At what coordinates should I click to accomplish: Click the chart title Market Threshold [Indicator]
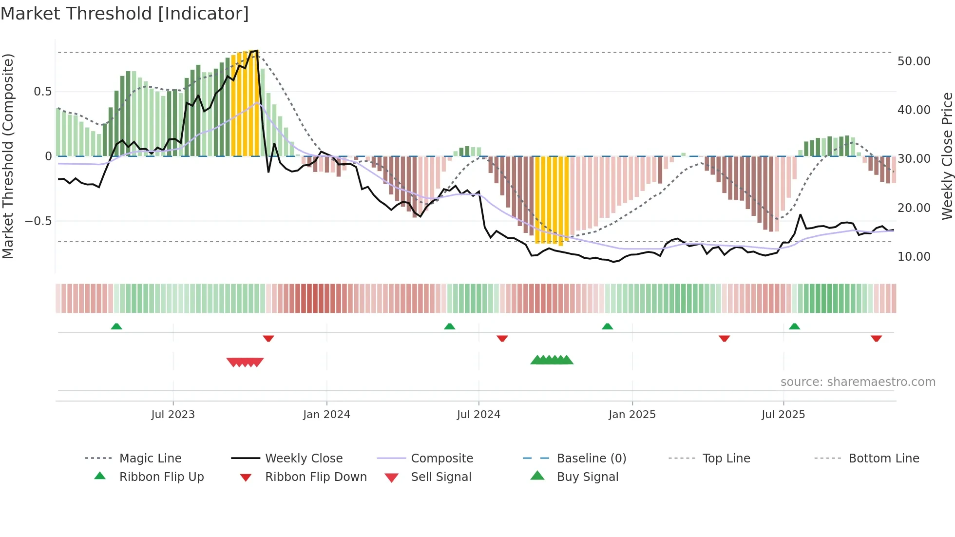pyautogui.click(x=125, y=14)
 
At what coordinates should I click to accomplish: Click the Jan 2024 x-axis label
pyautogui.click(x=326, y=414)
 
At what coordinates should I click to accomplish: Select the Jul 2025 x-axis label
pyautogui.click(x=783, y=414)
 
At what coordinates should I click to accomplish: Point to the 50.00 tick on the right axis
pyautogui.click(x=914, y=61)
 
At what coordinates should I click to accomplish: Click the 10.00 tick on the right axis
pyautogui.click(x=914, y=256)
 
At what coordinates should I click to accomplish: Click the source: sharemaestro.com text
pyautogui.click(x=858, y=382)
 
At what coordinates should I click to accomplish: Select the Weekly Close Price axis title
pyautogui.click(x=947, y=156)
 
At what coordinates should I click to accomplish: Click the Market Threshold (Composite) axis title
pyautogui.click(x=8, y=156)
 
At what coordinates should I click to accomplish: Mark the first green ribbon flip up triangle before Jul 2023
pyautogui.click(x=116, y=326)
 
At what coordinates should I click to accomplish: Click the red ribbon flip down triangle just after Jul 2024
pyautogui.click(x=502, y=338)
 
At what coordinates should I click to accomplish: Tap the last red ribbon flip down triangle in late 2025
pyautogui.click(x=876, y=338)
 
